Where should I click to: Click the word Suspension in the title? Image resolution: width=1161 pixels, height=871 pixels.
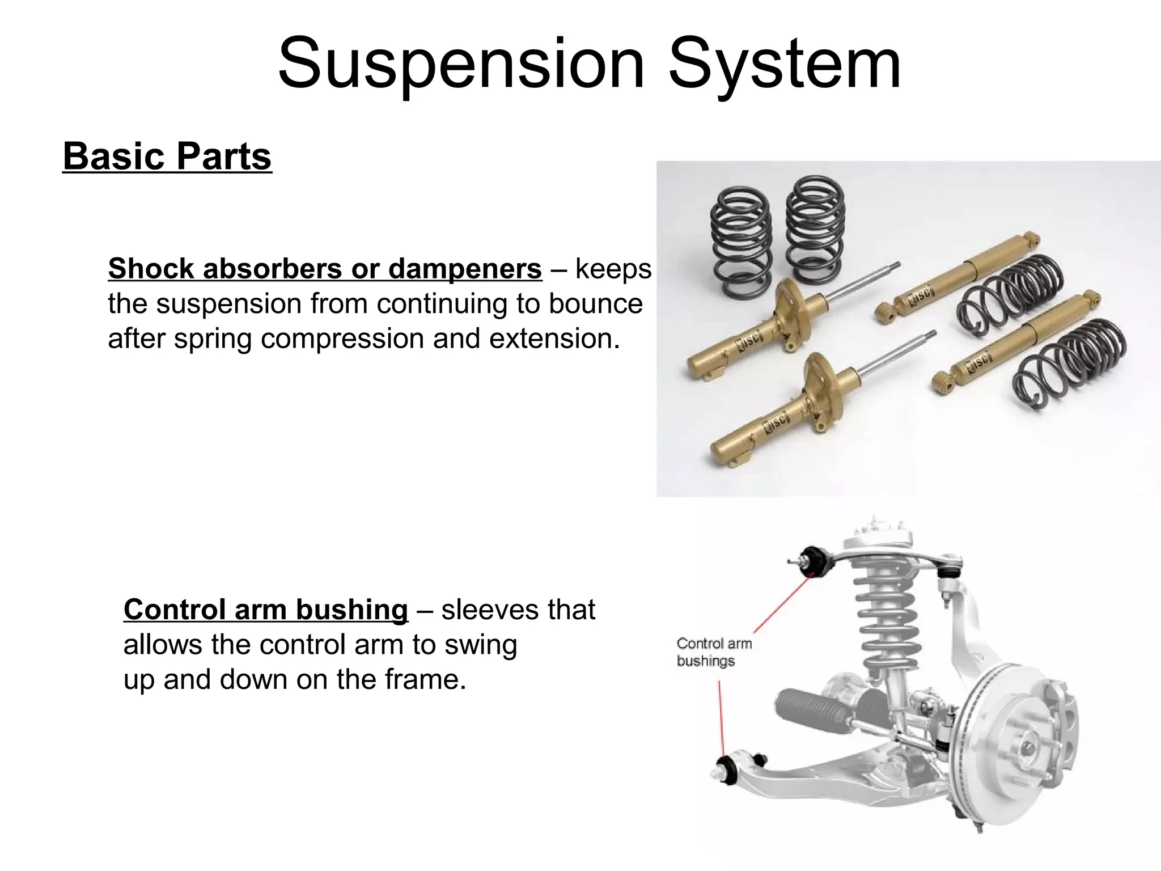coord(460,64)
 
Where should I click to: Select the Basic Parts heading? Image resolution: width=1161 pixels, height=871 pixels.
coord(167,157)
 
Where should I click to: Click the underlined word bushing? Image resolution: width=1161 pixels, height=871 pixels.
coord(352,610)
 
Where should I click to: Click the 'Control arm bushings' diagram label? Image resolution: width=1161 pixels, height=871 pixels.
coord(714,652)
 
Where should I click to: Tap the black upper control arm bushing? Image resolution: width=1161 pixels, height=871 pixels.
coord(815,561)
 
